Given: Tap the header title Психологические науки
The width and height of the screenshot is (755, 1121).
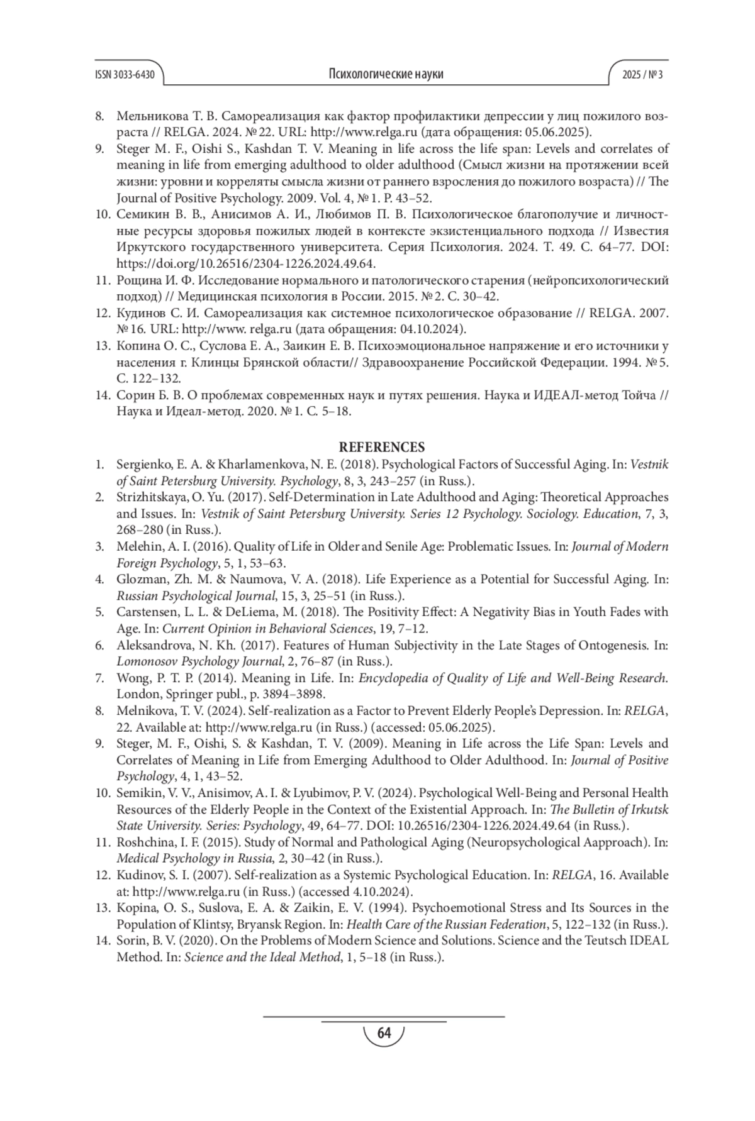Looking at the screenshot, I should tap(386, 74).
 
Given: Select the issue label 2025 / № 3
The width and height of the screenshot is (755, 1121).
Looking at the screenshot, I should tap(642, 74).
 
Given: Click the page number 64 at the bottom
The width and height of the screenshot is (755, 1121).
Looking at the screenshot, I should tap(383, 1033).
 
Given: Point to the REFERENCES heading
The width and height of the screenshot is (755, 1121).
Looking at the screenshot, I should tap(382, 448).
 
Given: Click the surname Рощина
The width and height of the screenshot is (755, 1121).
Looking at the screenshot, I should tap(137, 280).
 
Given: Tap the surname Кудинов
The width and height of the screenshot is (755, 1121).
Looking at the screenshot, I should tap(140, 313).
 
